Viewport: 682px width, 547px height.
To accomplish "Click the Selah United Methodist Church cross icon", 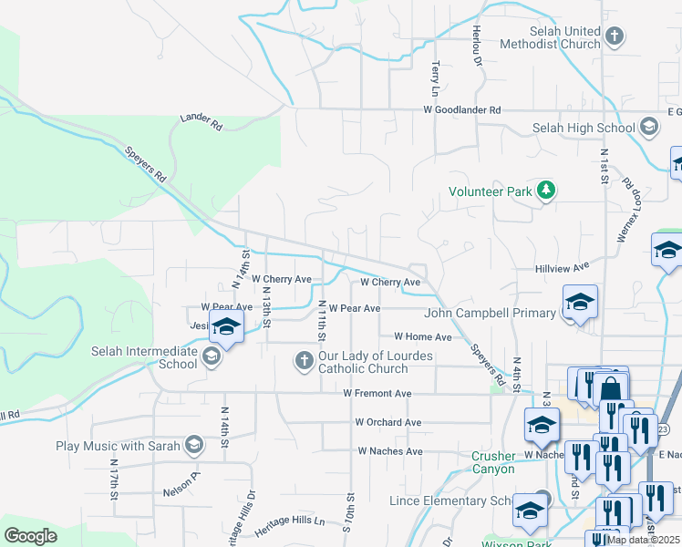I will pyautogui.click(x=615, y=36).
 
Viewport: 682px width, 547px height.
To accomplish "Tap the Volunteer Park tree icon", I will pyautogui.click(x=546, y=191).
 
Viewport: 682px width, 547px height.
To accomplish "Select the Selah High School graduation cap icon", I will pyautogui.click(x=648, y=128).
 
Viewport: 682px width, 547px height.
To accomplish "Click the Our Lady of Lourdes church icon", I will pyautogui.click(x=304, y=362).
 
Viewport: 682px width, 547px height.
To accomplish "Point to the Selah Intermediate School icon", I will pyautogui.click(x=212, y=357).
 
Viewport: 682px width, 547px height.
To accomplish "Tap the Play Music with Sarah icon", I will pyautogui.click(x=193, y=446).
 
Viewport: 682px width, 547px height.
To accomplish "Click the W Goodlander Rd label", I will pyautogui.click(x=461, y=110).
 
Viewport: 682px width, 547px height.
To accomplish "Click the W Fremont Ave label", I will pyautogui.click(x=377, y=394).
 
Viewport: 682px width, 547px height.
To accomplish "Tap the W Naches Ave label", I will pyautogui.click(x=389, y=451).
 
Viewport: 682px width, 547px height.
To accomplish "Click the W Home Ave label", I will pyautogui.click(x=422, y=337).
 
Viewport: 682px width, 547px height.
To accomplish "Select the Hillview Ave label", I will pyautogui.click(x=563, y=270).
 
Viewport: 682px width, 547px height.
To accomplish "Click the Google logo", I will pyautogui.click(x=30, y=536).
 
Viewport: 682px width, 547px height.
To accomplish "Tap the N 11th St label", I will pyautogui.click(x=322, y=322).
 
